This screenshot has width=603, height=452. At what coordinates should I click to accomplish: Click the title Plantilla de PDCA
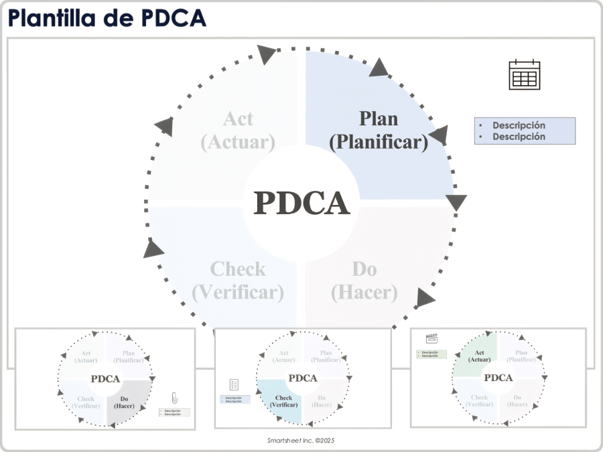click(x=107, y=19)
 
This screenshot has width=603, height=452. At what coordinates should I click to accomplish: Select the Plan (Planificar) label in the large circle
click(x=379, y=130)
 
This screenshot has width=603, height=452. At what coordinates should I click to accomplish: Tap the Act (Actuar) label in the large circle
click(x=238, y=130)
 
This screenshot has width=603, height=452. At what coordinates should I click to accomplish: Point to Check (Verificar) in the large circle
click(x=238, y=280)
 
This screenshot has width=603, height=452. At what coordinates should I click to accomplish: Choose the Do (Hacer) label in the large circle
click(x=364, y=280)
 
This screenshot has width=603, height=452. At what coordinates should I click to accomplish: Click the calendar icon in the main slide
click(x=524, y=74)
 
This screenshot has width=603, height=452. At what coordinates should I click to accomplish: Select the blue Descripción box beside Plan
click(x=525, y=131)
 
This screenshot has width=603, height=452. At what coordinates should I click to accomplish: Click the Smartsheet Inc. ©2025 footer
click(x=301, y=441)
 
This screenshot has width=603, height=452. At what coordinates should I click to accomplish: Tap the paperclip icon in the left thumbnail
click(x=174, y=398)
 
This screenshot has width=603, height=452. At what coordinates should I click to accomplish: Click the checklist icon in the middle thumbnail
click(x=234, y=384)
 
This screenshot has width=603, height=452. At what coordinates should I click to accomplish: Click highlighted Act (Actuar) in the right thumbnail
click(x=479, y=356)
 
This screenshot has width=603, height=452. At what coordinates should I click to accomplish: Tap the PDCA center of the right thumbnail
click(x=498, y=378)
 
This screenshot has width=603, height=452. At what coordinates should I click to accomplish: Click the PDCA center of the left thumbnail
click(x=105, y=379)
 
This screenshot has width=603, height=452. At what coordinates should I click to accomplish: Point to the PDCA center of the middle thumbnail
click(x=302, y=378)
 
